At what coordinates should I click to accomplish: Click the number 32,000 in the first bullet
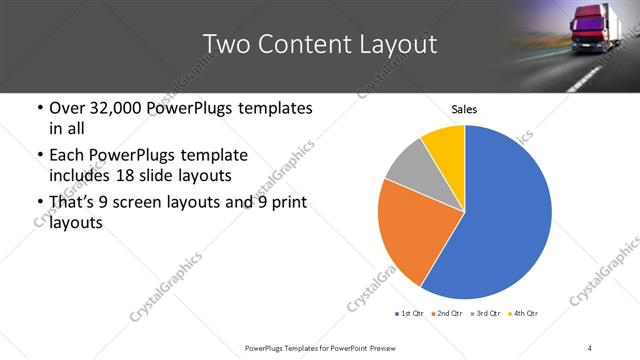125,108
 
